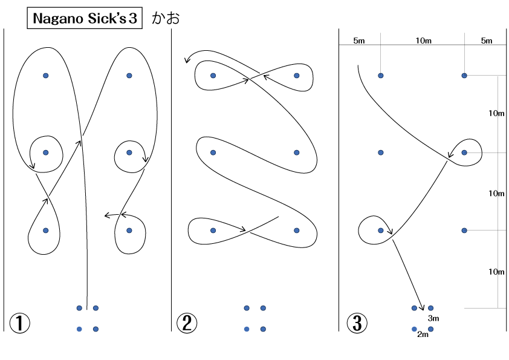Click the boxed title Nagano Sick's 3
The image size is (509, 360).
click(85, 18)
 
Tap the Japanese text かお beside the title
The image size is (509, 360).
click(166, 18)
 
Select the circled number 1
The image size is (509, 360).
click(19, 323)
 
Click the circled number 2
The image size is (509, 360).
click(187, 323)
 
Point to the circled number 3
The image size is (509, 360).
click(357, 323)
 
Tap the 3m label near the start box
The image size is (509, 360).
click(433, 318)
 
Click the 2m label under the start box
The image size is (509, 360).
click(423, 335)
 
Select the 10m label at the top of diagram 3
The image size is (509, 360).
click(424, 41)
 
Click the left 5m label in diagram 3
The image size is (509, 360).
click(359, 41)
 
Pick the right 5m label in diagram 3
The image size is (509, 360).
click(487, 41)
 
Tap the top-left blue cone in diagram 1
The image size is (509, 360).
click(46, 76)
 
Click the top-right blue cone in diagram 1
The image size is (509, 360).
click(129, 76)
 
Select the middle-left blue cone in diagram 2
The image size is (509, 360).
click(213, 152)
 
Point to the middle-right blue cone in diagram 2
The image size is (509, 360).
click(296, 152)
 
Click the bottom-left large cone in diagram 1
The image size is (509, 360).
click(46, 231)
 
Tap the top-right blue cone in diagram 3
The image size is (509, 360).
click(464, 76)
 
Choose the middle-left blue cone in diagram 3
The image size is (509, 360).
click(381, 152)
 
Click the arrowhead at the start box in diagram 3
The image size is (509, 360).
click(422, 307)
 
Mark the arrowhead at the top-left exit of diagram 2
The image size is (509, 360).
click(187, 60)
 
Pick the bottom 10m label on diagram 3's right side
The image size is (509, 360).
click(497, 272)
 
